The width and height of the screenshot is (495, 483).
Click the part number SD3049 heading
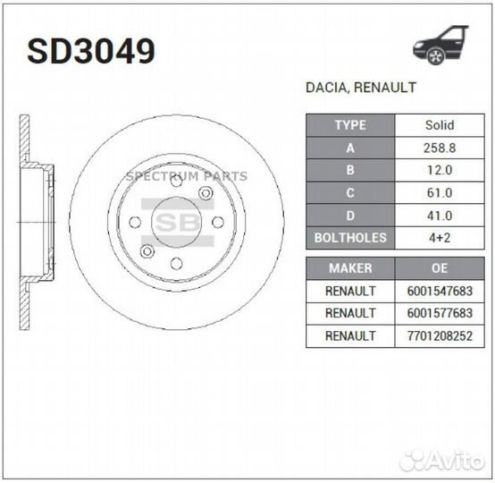[90, 51]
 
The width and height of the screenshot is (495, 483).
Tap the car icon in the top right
[440, 45]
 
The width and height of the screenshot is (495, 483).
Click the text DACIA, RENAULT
[361, 89]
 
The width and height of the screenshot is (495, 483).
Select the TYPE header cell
[350, 125]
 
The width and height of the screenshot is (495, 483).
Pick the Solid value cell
[439, 125]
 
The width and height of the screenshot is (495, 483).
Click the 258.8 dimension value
[439, 148]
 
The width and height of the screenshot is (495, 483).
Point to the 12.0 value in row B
[439, 170]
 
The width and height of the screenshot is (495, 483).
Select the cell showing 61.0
[439, 192]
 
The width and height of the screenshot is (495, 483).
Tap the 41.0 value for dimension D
[439, 216]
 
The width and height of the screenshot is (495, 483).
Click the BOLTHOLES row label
[350, 238]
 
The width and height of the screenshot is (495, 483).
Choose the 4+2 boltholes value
[439, 238]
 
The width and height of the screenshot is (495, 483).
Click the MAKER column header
[350, 268]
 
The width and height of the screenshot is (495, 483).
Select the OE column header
[439, 268]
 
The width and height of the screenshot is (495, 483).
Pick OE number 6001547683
[439, 291]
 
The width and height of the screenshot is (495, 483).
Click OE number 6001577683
[439, 313]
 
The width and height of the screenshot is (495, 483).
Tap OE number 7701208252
[439, 335]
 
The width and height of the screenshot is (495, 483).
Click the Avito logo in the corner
[443, 460]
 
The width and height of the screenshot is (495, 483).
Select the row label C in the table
[350, 192]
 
